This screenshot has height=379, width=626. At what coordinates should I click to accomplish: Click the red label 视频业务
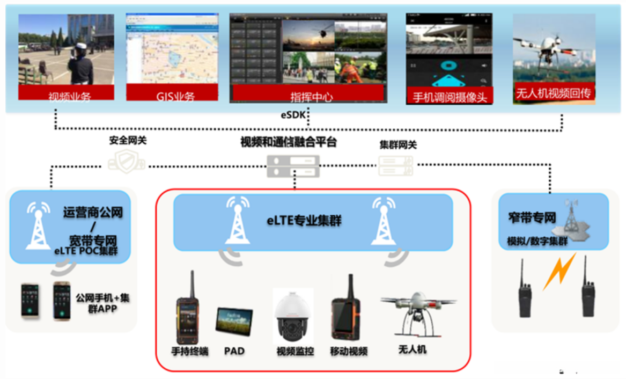coord(66,97)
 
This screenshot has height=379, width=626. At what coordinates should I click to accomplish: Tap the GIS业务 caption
coord(172,97)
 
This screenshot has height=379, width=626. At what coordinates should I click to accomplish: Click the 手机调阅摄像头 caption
coord(448,97)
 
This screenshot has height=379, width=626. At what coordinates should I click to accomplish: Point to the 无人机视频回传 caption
coord(554,93)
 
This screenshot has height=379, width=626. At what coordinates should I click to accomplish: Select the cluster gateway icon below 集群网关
coord(396,165)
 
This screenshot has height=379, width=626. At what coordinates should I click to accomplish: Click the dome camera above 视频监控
coord(293,317)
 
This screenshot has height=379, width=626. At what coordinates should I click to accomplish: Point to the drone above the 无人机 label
coord(416,314)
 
